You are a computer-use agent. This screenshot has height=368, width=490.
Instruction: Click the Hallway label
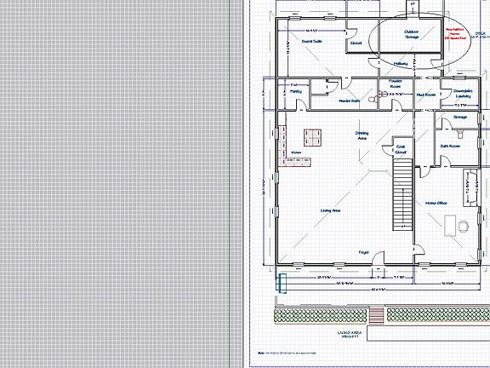tap(402, 63)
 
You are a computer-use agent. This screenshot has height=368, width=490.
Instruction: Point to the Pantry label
tap(295, 90)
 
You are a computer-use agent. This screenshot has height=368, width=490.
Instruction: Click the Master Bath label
tap(327, 101)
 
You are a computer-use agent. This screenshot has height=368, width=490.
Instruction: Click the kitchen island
tap(313, 136)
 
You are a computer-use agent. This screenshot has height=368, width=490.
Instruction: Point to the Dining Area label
tap(362, 135)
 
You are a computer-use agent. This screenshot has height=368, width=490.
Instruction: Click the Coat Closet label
tap(401, 151)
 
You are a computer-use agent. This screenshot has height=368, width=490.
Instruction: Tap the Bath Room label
tap(450, 146)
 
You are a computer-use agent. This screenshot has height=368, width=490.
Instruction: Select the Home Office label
tap(436, 202)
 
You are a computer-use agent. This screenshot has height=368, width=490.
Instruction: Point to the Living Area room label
tap(330, 210)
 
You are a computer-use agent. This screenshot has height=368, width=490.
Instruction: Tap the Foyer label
tap(363, 252)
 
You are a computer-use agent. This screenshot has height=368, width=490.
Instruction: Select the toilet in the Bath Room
tap(460, 135)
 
